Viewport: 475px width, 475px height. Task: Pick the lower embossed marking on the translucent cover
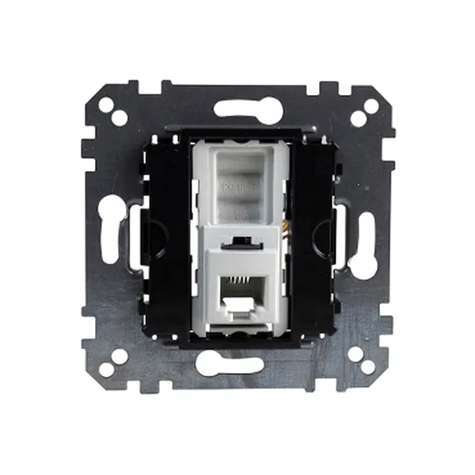pos(237,212)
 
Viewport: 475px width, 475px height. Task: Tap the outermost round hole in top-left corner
pos(104,104)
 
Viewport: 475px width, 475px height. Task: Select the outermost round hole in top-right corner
pos(370,104)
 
